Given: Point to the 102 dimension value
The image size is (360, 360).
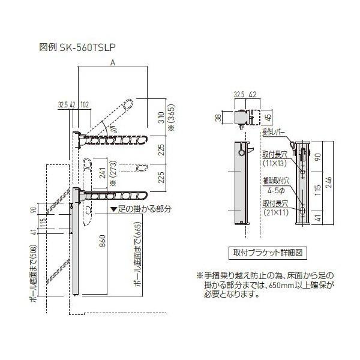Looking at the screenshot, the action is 85,104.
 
